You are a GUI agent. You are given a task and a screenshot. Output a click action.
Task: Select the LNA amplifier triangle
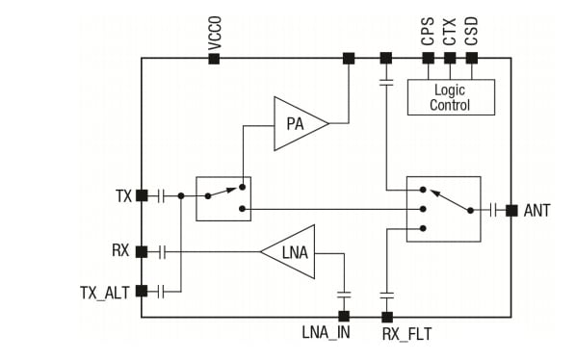tap(291, 252)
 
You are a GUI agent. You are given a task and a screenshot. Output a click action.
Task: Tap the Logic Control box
tap(450, 97)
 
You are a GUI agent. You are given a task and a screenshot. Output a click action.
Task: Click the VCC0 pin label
tap(215, 33)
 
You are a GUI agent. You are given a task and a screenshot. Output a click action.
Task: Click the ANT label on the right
tap(537, 210)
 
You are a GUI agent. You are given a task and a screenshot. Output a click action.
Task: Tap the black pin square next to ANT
tap(511, 210)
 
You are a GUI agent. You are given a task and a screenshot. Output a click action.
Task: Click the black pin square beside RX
tap(142, 252)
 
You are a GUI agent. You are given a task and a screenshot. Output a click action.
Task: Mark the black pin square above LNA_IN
tap(344, 316)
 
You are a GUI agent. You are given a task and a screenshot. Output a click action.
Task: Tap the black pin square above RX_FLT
tap(387, 316)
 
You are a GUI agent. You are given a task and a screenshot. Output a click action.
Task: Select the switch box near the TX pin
tap(223, 198)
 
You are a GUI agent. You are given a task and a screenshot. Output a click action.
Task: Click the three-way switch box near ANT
tap(443, 209)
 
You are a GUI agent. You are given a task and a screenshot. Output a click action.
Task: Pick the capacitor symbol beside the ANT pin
tap(494, 210)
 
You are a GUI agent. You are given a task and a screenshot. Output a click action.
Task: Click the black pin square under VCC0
tap(215, 59)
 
